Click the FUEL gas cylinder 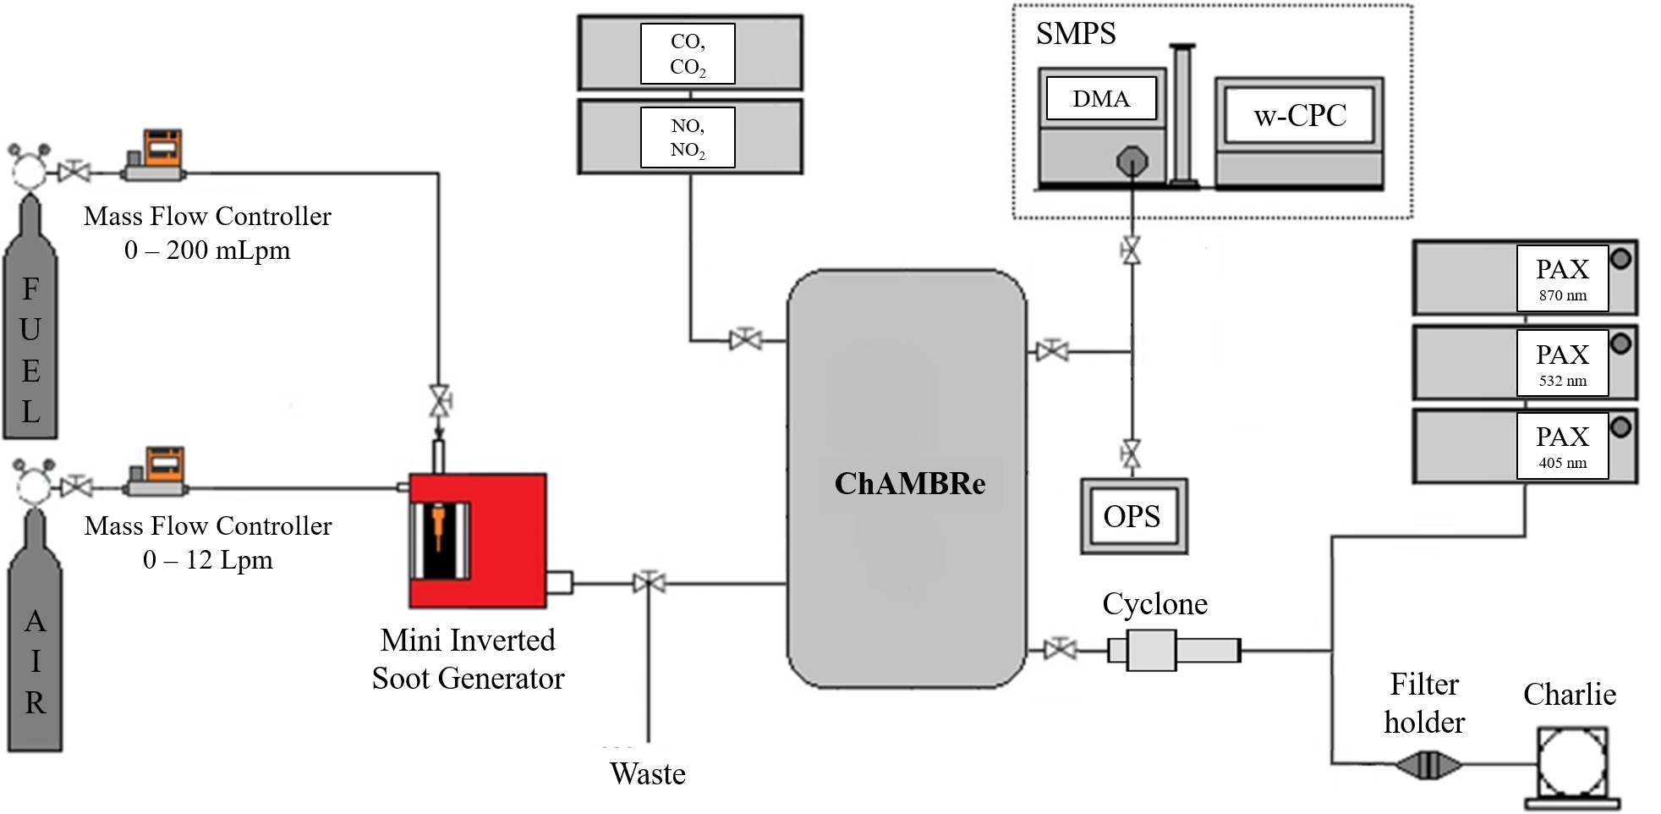tap(30, 338)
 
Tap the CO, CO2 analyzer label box tap(688, 54)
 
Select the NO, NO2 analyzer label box tap(688, 137)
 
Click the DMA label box tap(1101, 99)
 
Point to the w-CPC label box tap(1300, 115)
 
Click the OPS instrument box tap(1133, 516)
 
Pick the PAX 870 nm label tap(1562, 278)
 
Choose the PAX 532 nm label tap(1562, 363)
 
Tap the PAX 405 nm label tap(1562, 446)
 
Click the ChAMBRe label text tap(910, 483)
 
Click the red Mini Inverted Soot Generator tap(478, 540)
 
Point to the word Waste tap(648, 773)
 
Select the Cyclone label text tap(1154, 604)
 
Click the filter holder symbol tap(1428, 766)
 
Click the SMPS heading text tap(1076, 34)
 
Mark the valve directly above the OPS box tap(1131, 454)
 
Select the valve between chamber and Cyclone tap(1060, 650)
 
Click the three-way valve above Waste tap(649, 583)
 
